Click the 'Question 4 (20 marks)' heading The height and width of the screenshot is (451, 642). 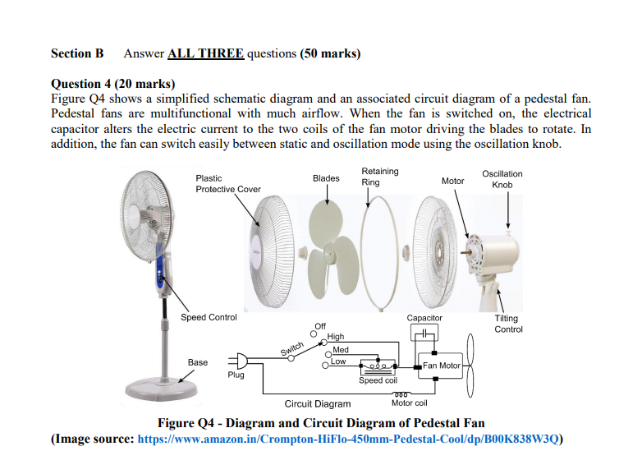point(112,83)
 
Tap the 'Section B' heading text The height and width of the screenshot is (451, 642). point(77,53)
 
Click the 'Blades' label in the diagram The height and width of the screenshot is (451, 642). point(326,178)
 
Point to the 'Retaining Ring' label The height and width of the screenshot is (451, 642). point(379,177)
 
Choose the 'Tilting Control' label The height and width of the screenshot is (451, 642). point(507,324)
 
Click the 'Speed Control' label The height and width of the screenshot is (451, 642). point(209,317)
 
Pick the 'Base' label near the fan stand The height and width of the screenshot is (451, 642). point(198,362)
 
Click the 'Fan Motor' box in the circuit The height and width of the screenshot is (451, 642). point(442,366)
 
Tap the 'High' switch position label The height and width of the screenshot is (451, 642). point(337,337)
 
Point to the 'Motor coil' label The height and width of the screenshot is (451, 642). point(409,403)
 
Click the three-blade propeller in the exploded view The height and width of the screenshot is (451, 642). point(328,231)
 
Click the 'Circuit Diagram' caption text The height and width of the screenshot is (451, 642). point(317,403)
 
